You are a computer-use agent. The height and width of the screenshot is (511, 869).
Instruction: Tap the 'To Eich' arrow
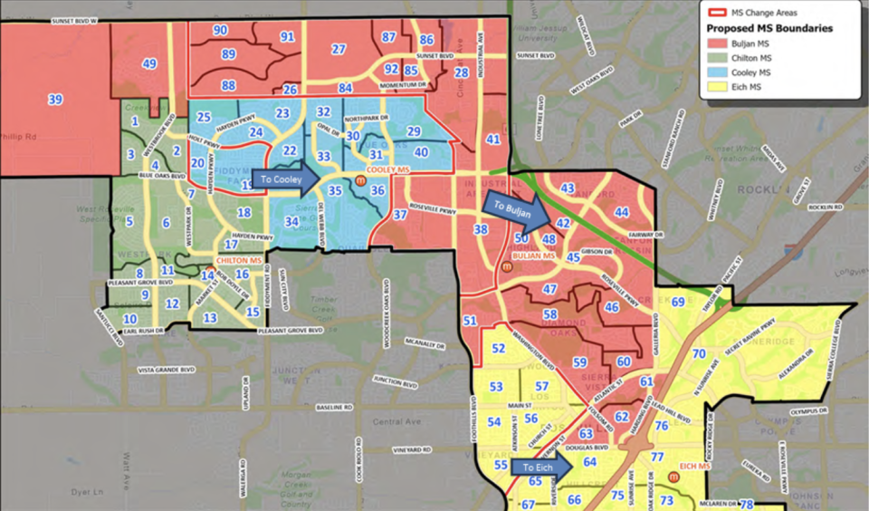pyautogui.click(x=540, y=468)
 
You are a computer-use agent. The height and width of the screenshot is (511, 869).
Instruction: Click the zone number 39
pyautogui.click(x=55, y=100)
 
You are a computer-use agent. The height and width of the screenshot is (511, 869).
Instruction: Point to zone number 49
pyautogui.click(x=148, y=64)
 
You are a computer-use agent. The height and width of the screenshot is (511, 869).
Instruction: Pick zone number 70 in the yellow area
pyautogui.click(x=699, y=354)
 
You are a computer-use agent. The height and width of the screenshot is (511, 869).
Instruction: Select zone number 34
pyautogui.click(x=291, y=221)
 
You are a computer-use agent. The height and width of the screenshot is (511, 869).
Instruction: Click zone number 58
pyautogui.click(x=549, y=314)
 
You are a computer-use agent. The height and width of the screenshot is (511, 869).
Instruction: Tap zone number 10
pyautogui.click(x=130, y=319)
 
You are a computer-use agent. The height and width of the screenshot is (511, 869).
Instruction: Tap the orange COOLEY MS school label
pyautogui.click(x=387, y=170)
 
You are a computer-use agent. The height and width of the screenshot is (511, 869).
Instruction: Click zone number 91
pyautogui.click(x=288, y=36)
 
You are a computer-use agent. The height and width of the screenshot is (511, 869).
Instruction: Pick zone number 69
pyautogui.click(x=678, y=302)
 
